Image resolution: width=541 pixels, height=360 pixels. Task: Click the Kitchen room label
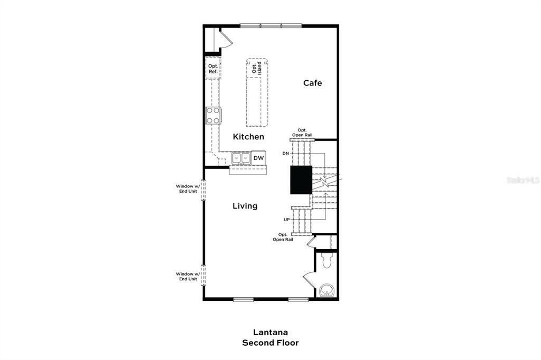(x=248, y=137)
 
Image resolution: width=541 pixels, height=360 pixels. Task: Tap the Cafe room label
(x=312, y=83)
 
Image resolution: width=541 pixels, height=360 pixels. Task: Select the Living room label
(x=245, y=206)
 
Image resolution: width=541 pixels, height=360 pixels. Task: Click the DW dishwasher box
(x=258, y=158)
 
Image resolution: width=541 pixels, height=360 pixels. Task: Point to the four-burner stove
(x=213, y=116)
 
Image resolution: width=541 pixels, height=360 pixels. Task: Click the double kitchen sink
(x=241, y=158)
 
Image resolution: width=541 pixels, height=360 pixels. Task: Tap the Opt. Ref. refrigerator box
(x=213, y=69)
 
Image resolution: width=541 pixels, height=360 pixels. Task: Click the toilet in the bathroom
(x=325, y=259)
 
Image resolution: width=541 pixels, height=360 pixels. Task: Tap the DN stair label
(x=286, y=154)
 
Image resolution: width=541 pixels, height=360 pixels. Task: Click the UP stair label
(x=286, y=219)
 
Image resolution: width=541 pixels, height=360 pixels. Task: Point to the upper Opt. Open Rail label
(x=303, y=132)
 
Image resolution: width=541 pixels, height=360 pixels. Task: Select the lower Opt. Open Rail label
(x=283, y=237)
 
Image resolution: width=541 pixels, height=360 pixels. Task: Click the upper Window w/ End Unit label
(x=187, y=188)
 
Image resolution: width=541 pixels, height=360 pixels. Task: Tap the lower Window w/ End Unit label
(x=187, y=276)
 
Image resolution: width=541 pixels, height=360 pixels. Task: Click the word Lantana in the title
(x=270, y=333)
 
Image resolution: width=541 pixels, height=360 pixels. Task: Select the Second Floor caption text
(x=270, y=343)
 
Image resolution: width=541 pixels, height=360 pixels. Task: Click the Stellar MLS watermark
(x=523, y=180)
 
